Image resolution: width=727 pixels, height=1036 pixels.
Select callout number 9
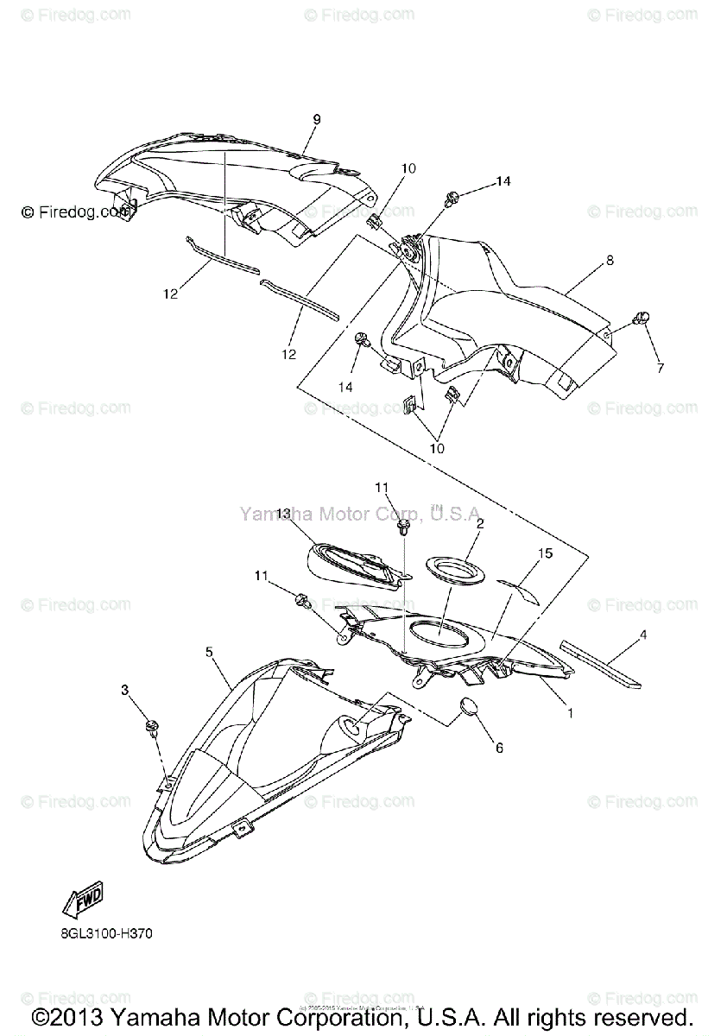(317, 120)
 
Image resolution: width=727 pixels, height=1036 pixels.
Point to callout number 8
(610, 260)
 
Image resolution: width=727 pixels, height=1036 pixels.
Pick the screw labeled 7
(642, 318)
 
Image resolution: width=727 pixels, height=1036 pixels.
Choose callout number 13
(283, 513)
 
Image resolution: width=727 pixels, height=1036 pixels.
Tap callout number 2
(479, 522)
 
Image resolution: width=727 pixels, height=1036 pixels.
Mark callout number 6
(498, 749)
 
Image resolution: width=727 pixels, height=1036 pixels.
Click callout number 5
(209, 652)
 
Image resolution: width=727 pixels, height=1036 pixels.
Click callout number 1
(569, 713)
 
